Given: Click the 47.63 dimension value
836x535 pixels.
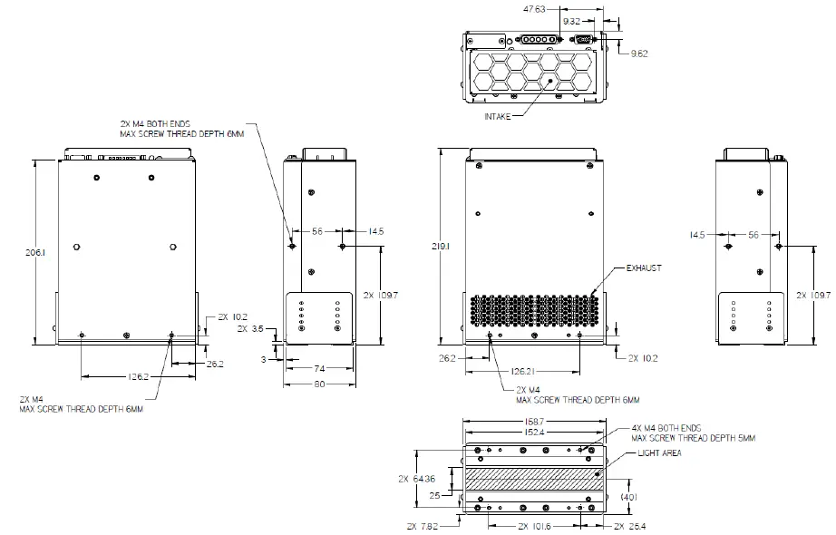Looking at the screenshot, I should (537, 9).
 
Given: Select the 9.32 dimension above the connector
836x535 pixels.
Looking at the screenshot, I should (572, 20).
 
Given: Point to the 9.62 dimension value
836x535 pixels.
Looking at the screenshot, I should (640, 53).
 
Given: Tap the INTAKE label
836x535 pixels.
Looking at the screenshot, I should (497, 115).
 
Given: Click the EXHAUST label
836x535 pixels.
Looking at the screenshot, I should (644, 268).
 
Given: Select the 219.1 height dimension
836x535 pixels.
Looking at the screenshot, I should (442, 246).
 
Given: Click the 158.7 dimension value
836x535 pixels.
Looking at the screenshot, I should (533, 422).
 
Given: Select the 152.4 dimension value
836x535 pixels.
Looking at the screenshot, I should (533, 433).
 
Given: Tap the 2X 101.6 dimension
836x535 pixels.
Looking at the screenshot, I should (534, 526).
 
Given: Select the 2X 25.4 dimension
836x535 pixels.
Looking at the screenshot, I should (632, 526).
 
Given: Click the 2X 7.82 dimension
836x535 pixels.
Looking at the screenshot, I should (422, 526).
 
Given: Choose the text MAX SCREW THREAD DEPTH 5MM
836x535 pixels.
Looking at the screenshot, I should (694, 439).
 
